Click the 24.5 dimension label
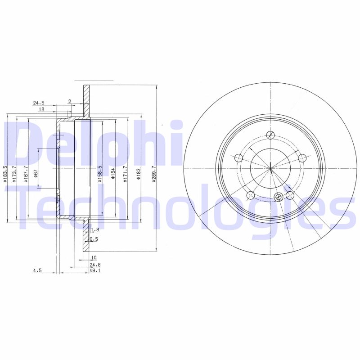coord(39,103)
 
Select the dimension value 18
coord(41,109)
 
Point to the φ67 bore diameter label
coord(35,174)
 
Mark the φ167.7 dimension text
coord(26,174)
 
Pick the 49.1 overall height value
coord(95,271)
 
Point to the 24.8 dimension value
coord(95,265)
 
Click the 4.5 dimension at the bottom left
coord(37,271)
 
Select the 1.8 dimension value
coord(94,230)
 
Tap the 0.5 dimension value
coord(94,239)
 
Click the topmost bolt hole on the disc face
coord(270,135)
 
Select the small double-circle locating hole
coord(278,197)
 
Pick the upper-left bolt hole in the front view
coord(238,157)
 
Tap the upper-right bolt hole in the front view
coord(302,157)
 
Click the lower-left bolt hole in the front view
coord(251,195)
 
